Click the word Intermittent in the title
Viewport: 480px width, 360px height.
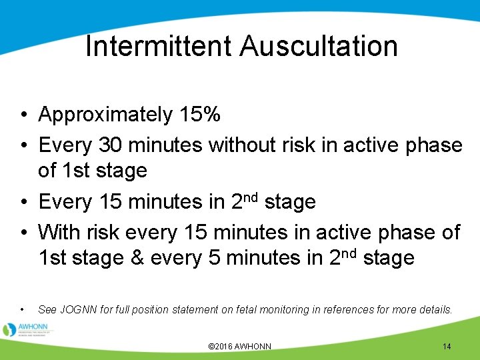[159, 47]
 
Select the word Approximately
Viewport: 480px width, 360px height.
[105, 115]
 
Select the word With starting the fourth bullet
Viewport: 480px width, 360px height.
[61, 232]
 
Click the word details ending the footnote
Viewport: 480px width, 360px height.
[435, 309]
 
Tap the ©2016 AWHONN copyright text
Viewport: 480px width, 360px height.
[240, 347]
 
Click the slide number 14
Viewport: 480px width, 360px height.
[447, 347]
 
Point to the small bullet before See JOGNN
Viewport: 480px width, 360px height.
[23, 310]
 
